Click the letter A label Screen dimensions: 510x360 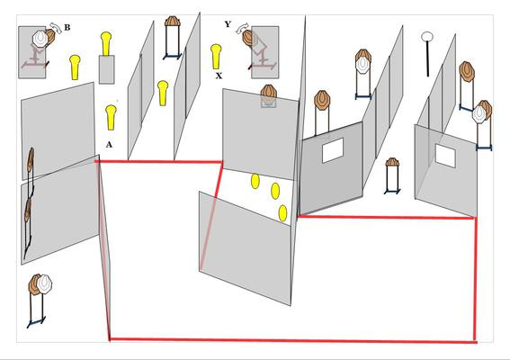click(109, 145)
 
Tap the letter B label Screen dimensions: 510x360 click(67, 27)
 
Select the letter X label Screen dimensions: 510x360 click(219, 76)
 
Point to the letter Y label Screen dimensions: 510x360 click(228, 24)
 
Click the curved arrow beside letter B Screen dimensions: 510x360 click(56, 27)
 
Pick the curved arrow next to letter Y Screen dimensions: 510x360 click(242, 28)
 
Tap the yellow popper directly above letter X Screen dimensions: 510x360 click(216, 57)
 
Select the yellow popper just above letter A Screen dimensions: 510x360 click(111, 117)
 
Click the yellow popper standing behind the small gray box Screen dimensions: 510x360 click(106, 43)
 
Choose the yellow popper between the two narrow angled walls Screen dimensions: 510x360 click(163, 93)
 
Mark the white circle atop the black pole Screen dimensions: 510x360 click(427, 37)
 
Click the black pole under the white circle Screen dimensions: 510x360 click(427, 58)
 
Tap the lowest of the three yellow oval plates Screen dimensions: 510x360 click(283, 213)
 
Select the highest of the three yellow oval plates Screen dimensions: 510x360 click(255, 181)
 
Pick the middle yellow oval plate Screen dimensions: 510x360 click(275, 191)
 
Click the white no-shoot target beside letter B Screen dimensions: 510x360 click(40, 38)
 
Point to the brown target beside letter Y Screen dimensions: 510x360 click(249, 38)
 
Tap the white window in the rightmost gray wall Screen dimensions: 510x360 click(445, 156)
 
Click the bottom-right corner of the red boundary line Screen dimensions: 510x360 click(476, 342)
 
